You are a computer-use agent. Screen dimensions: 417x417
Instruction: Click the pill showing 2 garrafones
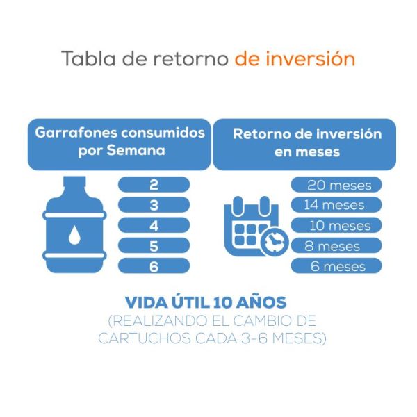pyautogui.click(x=154, y=184)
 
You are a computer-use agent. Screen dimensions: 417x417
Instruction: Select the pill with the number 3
pyautogui.click(x=154, y=205)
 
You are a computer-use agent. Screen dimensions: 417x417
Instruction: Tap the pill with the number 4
pyautogui.click(x=154, y=225)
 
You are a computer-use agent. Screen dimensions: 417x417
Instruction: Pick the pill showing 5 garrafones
pyautogui.click(x=154, y=245)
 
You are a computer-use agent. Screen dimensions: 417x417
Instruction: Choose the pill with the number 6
pyautogui.click(x=154, y=266)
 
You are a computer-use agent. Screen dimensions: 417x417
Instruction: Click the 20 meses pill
pyautogui.click(x=336, y=185)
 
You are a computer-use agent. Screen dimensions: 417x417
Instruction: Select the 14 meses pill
pyautogui.click(x=336, y=205)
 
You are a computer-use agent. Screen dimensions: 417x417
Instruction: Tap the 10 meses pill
pyautogui.click(x=336, y=225)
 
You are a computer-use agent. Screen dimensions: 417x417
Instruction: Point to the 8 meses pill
pyautogui.click(x=336, y=246)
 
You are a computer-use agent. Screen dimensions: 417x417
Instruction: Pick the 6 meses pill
pyautogui.click(x=336, y=266)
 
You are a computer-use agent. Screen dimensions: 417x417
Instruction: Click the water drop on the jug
pyautogui.click(x=74, y=236)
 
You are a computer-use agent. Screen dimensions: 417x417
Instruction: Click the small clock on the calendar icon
pyautogui.click(x=275, y=241)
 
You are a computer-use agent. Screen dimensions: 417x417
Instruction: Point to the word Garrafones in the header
pyautogui.click(x=72, y=132)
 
